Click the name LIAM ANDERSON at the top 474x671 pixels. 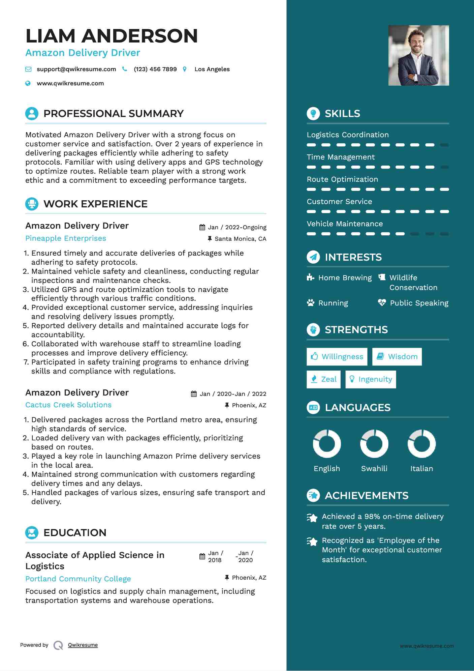pos(112,36)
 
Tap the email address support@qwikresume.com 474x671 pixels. pos(76,69)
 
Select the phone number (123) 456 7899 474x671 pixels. pos(155,69)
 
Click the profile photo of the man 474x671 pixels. pos(418,55)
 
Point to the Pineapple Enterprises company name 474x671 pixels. pos(66,238)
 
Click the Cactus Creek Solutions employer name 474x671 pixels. pos(68,405)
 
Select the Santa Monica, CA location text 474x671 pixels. pos(240,239)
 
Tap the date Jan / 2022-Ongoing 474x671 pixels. pos(237,227)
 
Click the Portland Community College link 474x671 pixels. pos(78,579)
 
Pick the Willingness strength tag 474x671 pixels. pos(337,357)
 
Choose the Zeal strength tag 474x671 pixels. pos(324,379)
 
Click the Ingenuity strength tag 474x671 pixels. pos(371,379)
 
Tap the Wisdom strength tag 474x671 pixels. pos(397,357)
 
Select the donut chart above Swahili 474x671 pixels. pos(374,444)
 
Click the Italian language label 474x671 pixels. pos(421,468)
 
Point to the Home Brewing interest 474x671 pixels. pos(345,278)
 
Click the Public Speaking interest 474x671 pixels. pos(419,303)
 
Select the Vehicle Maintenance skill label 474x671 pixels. pos(345,224)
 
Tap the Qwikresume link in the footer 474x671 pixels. pos(83,645)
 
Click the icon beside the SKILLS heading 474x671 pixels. pos(313,114)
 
